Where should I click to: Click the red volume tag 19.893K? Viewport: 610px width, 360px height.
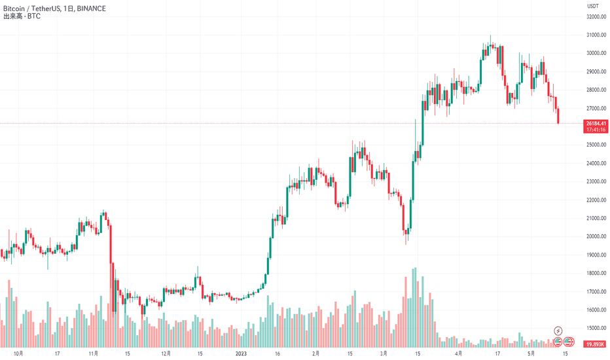click(x=594, y=344)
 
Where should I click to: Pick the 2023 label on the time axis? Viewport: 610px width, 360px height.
click(x=241, y=353)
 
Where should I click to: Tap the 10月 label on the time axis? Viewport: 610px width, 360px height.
click(x=19, y=353)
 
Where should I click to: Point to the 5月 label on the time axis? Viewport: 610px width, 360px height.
click(x=531, y=353)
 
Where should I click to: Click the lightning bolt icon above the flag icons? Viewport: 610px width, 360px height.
click(x=558, y=331)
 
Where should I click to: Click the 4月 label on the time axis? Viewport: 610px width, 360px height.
click(x=460, y=353)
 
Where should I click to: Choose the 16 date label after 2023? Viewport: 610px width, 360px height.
click(x=278, y=353)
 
